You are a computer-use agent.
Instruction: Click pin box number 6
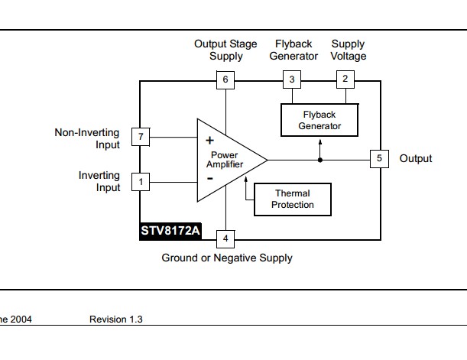(225, 79)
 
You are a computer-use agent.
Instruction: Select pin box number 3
(291, 79)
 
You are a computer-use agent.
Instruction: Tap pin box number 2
(345, 79)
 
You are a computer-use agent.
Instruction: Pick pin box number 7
(140, 137)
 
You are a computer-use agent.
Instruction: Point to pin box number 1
(140, 182)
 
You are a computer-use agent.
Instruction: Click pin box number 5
(379, 159)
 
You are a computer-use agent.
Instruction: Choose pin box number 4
(225, 238)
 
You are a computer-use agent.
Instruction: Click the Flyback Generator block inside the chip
(319, 121)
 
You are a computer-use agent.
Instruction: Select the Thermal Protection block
(293, 199)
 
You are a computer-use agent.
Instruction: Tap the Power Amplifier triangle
(225, 160)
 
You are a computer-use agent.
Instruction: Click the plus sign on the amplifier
(209, 140)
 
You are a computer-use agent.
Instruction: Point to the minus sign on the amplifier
(209, 179)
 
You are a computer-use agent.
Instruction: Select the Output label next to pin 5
(416, 159)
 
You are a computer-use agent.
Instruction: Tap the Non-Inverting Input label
(87, 138)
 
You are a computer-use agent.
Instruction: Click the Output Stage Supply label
(225, 50)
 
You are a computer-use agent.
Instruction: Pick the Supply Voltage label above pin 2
(349, 50)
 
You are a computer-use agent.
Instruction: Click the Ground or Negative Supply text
(227, 258)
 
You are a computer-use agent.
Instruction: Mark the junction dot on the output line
(319, 159)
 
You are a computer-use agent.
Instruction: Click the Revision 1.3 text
(115, 319)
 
